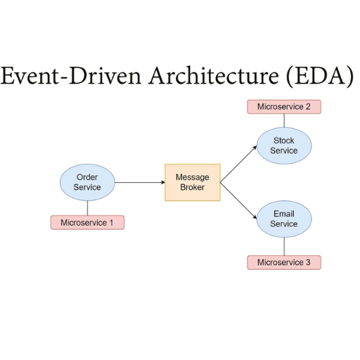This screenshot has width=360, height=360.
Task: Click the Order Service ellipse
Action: tap(87, 182)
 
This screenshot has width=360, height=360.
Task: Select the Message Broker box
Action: tap(193, 182)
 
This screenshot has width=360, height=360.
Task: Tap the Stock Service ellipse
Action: tap(284, 146)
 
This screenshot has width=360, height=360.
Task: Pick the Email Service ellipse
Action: tap(284, 219)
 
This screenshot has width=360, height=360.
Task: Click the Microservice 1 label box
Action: tap(87, 222)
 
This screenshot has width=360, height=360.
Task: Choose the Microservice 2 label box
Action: tap(284, 107)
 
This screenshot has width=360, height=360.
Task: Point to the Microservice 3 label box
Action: tap(284, 262)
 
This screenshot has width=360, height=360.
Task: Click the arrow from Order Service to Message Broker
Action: tap(140, 182)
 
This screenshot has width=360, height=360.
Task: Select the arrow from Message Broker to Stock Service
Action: tap(238, 164)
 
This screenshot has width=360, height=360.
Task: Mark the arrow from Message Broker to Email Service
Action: tap(238, 200)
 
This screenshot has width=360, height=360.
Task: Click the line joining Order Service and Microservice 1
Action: tap(87, 208)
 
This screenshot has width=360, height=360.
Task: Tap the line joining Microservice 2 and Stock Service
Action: tap(284, 121)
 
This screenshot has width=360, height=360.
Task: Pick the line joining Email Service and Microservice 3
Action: tap(284, 246)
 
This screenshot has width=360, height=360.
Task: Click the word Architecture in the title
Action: tap(214, 76)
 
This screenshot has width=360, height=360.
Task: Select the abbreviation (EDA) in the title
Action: tap(320, 76)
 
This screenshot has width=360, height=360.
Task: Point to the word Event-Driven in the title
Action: tap(71, 76)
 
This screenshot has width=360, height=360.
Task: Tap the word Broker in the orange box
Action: tap(193, 187)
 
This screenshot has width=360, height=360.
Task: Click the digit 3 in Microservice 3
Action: tap(308, 262)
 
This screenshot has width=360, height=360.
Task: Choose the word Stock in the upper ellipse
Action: tap(284, 141)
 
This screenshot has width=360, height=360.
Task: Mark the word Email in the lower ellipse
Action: tap(284, 214)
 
